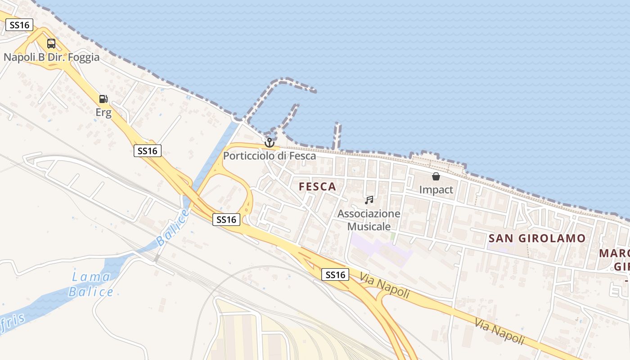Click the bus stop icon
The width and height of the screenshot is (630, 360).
(x=51, y=44)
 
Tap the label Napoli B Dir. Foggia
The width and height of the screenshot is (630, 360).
(x=51, y=58)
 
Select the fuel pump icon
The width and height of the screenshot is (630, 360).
(x=103, y=99)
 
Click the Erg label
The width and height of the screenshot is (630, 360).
(x=103, y=112)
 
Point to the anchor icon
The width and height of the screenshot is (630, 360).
(x=269, y=143)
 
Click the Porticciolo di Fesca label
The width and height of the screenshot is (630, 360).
(x=270, y=156)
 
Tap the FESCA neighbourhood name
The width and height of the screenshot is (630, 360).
(x=317, y=187)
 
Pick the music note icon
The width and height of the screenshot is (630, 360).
(x=369, y=200)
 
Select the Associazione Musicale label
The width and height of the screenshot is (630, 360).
(x=369, y=220)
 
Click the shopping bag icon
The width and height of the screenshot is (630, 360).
(x=436, y=176)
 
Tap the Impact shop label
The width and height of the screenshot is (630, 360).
(x=436, y=189)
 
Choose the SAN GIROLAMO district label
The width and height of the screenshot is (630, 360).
(x=537, y=238)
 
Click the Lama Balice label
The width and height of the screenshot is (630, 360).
(x=91, y=284)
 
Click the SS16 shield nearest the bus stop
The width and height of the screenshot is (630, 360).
(x=19, y=25)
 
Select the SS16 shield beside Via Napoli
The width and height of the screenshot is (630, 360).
(x=335, y=274)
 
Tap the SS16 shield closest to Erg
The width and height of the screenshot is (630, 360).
(x=148, y=151)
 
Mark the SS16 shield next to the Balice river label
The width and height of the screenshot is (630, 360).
(x=226, y=220)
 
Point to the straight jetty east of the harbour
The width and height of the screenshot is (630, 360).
(x=336, y=135)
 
